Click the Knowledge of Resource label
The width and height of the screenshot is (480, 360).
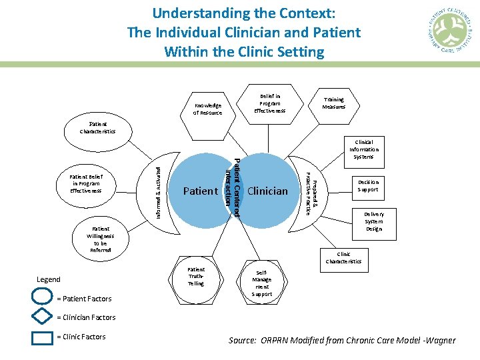click(207, 109)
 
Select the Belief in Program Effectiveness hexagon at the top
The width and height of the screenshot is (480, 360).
click(270, 103)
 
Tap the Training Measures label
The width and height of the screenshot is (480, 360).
click(333, 103)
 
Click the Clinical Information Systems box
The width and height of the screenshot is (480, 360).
click(363, 149)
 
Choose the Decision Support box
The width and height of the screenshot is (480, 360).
click(368, 185)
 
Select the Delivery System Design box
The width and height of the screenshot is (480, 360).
click(373, 221)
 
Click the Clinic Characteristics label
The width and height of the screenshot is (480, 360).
click(343, 257)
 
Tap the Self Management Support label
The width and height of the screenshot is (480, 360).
click(262, 283)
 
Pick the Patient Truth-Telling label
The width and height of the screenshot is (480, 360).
click(196, 276)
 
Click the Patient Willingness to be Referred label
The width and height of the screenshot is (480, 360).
click(100, 239)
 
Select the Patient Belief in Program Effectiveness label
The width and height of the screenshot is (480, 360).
click(85, 183)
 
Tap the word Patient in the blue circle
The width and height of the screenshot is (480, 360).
click(200, 191)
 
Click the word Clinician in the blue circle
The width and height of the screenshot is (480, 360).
click(267, 191)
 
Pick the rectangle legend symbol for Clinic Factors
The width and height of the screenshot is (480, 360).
click(42, 337)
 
